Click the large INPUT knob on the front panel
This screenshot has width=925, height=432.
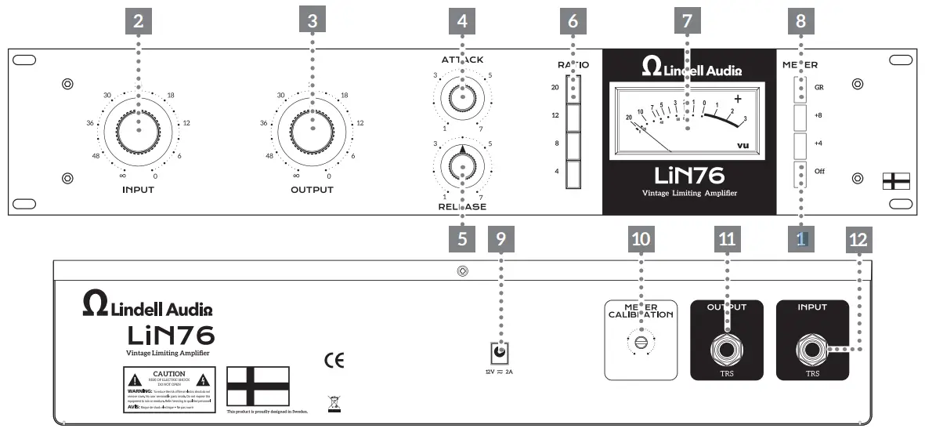pyautogui.click(x=139, y=129)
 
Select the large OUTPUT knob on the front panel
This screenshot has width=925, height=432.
pyautogui.click(x=312, y=129)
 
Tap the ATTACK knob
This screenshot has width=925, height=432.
pyautogui.click(x=462, y=98)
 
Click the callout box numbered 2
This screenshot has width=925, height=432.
pyautogui.click(x=139, y=22)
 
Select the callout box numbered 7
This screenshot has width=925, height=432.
pyautogui.click(x=687, y=22)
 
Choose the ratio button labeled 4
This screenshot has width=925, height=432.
pyautogui.click(x=573, y=172)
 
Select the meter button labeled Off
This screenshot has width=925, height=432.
pyautogui.click(x=800, y=173)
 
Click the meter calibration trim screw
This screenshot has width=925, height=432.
pyautogui.click(x=641, y=342)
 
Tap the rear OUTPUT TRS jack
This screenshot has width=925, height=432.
pyautogui.click(x=727, y=347)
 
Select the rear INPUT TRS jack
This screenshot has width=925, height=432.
pyautogui.click(x=812, y=347)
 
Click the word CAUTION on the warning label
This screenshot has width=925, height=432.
pyautogui.click(x=168, y=375)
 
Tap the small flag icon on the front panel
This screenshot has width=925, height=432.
pyautogui.click(x=894, y=181)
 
